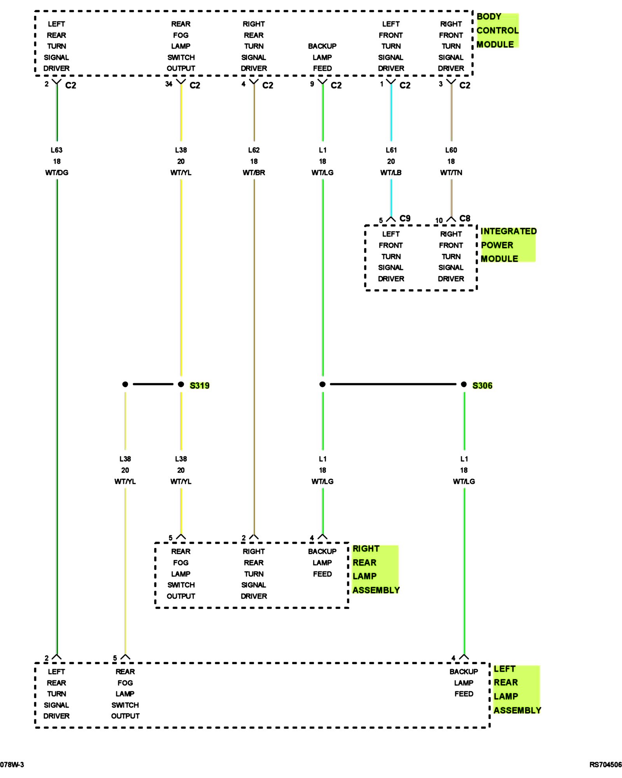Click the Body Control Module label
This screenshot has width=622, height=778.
497,30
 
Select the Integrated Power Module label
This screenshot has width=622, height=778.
508,245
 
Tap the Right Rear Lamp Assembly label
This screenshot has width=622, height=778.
376,569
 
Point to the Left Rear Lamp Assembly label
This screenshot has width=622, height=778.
517,689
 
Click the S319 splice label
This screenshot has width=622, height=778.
199,385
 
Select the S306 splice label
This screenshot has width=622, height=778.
482,385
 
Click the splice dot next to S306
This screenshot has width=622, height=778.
464,384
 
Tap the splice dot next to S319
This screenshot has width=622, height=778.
181,384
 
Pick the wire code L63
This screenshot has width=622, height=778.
56,150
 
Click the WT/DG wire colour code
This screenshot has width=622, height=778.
57,173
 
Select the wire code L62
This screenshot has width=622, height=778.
254,150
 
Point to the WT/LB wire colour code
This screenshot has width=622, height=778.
391,173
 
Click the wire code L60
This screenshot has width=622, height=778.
451,150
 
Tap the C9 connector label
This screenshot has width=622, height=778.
405,219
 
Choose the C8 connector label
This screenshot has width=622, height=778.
465,219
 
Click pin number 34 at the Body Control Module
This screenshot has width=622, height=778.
169,84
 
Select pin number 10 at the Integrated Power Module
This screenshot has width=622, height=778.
439,221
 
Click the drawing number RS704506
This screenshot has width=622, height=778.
605,765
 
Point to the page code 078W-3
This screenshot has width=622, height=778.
12,765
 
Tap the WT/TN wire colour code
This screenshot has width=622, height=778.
451,173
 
